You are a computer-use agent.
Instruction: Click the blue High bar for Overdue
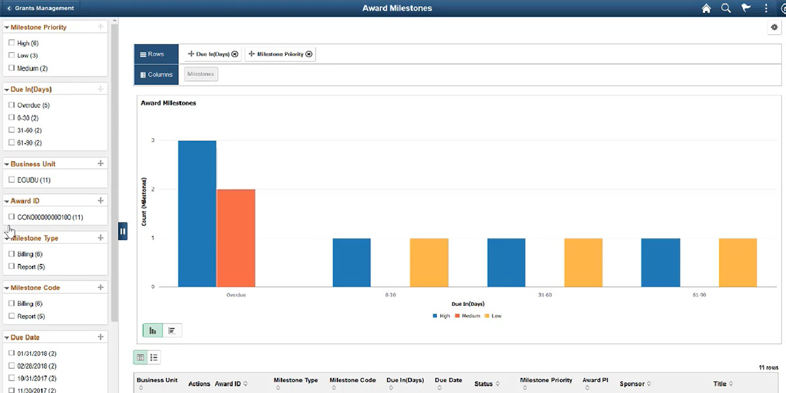(197, 214)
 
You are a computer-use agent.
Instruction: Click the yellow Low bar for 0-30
(429, 262)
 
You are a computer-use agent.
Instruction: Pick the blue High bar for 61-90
(660, 262)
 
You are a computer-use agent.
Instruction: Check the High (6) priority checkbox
(12, 43)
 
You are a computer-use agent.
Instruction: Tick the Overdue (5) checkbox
(12, 105)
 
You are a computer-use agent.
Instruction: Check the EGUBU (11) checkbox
(12, 179)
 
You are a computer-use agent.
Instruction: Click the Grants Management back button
(41, 8)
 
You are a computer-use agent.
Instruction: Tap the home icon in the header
(706, 9)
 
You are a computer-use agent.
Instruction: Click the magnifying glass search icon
(726, 9)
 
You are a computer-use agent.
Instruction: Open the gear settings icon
(774, 28)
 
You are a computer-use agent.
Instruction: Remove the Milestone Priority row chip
(309, 54)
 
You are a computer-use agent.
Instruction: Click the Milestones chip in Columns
(200, 75)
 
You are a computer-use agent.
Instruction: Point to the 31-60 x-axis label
(545, 295)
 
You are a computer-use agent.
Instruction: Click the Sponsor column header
(633, 384)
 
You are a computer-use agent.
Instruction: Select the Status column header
(483, 384)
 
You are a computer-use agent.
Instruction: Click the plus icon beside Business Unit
(100, 164)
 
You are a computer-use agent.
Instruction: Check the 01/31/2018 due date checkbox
(12, 353)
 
